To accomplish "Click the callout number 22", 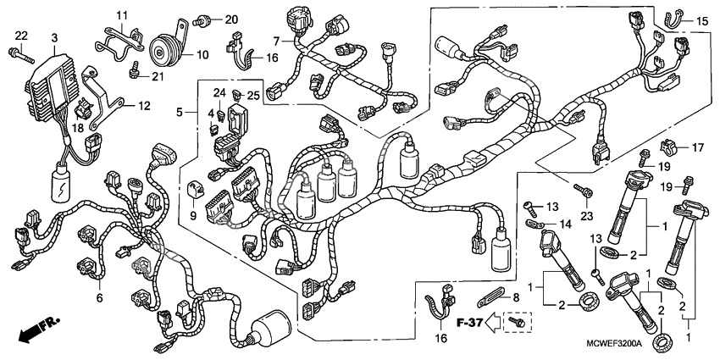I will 21,33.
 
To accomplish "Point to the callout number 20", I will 208,19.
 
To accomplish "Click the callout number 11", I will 121,15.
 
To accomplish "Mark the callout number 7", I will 276,41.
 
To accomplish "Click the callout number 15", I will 702,20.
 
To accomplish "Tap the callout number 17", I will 699,148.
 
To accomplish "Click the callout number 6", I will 99,297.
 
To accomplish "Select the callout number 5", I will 180,111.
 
